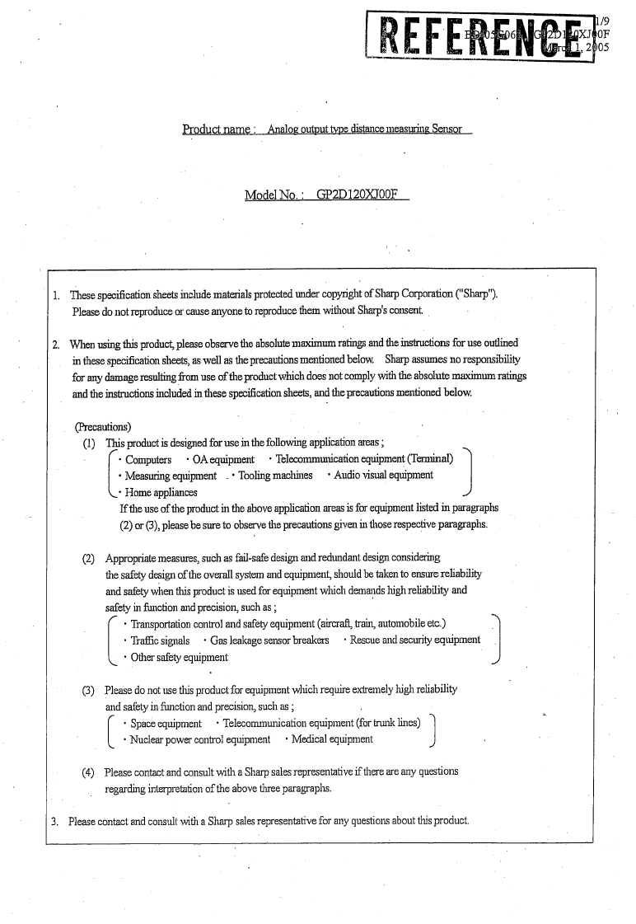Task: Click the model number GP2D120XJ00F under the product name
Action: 362,195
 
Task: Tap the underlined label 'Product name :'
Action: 220,129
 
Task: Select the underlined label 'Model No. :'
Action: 275,195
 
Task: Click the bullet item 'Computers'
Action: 148,459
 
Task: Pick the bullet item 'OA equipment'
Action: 224,459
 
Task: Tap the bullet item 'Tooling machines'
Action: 275,476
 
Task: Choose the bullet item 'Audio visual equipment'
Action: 383,475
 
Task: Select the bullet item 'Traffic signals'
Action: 160,640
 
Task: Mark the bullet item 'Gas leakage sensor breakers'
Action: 269,640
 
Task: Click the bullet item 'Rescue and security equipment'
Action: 414,640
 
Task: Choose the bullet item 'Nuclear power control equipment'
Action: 200,739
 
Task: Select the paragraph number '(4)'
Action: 87,772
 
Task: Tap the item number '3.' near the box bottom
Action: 55,821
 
